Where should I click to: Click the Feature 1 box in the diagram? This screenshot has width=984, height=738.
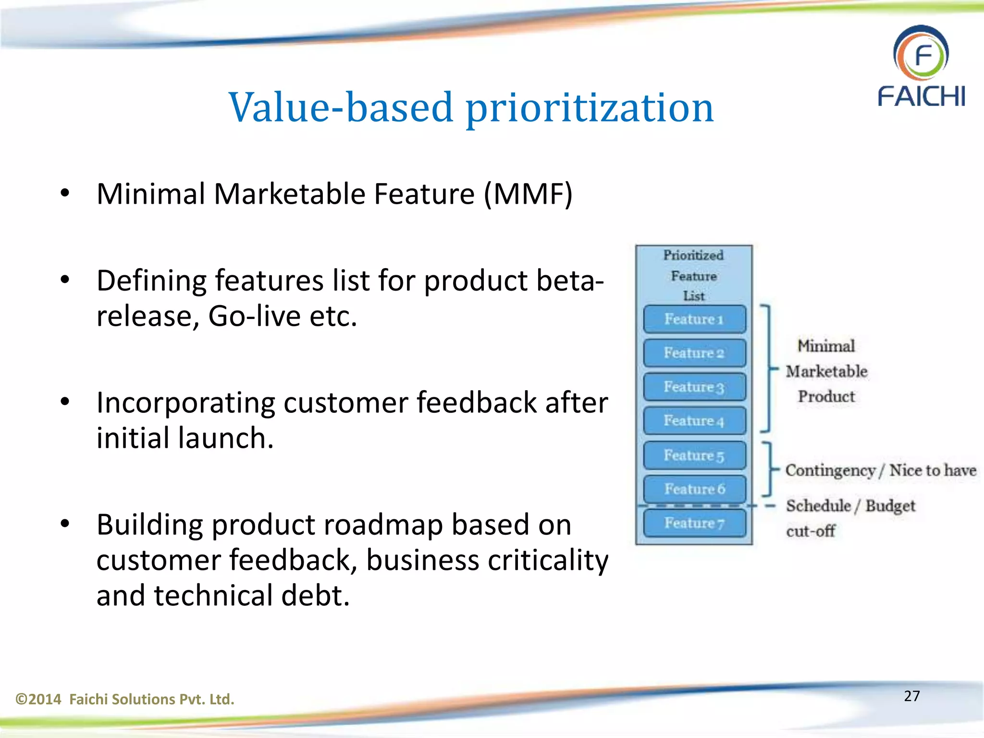click(694, 319)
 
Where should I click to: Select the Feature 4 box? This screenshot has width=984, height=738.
click(694, 421)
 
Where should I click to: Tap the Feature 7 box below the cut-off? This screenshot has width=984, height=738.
click(694, 523)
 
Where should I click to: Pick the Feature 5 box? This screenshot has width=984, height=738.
click(694, 455)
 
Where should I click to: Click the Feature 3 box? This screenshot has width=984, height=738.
click(694, 387)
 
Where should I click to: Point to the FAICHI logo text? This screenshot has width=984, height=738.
click(921, 96)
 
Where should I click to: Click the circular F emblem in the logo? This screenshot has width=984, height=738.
click(921, 54)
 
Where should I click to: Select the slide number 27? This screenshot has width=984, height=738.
click(911, 696)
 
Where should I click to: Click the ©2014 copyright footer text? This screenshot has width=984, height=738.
click(125, 699)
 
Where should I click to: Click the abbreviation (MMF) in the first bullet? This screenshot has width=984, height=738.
click(528, 194)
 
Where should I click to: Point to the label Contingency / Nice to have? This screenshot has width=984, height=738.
click(880, 470)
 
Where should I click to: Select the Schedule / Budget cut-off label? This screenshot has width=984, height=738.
click(850, 517)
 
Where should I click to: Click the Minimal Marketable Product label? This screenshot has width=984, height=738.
click(826, 371)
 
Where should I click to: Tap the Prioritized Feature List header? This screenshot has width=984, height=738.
click(693, 275)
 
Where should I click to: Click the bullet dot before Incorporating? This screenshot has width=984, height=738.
click(65, 402)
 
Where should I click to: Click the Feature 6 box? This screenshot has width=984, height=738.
click(694, 489)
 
